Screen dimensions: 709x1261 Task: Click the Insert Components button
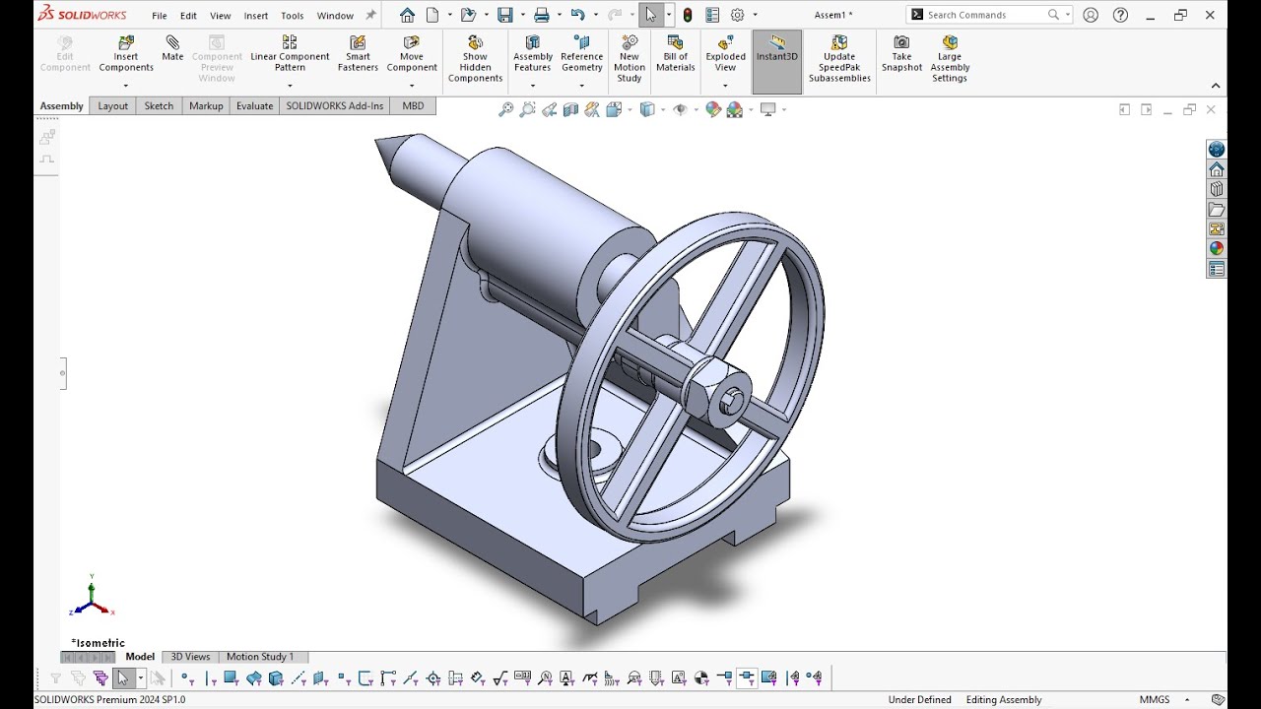click(126, 54)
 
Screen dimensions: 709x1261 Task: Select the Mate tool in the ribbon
click(172, 48)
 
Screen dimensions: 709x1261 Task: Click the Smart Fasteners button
click(358, 54)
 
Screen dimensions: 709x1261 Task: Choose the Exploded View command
click(725, 54)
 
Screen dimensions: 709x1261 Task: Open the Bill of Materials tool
click(676, 54)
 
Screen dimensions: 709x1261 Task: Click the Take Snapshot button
click(901, 54)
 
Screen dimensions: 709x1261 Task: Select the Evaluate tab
click(254, 106)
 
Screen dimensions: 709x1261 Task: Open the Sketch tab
click(159, 106)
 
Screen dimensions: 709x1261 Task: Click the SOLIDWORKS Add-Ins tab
click(334, 106)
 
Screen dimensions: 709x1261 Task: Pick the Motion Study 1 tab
click(260, 657)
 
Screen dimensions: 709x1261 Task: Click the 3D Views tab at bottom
click(190, 657)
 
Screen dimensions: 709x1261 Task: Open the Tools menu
click(292, 16)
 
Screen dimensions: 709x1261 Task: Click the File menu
click(159, 16)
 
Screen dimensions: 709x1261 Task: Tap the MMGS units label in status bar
click(1155, 700)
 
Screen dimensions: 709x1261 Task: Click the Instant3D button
click(776, 54)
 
